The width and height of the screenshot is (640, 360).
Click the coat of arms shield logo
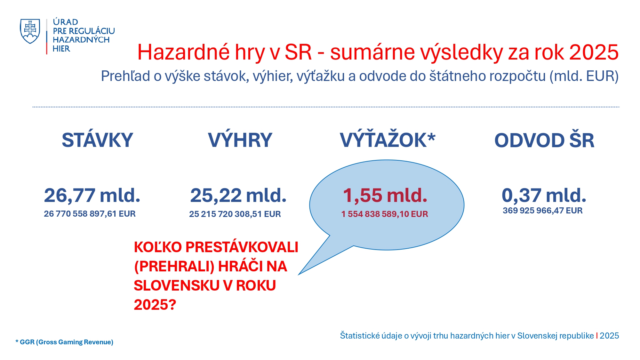pyautogui.click(x=30, y=31)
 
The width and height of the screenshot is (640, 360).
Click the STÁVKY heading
pyautogui.click(x=97, y=140)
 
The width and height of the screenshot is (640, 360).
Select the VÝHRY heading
pyautogui.click(x=240, y=140)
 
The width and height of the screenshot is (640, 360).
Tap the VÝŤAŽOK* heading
pyautogui.click(x=388, y=140)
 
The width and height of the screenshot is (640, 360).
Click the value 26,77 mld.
pyautogui.click(x=92, y=195)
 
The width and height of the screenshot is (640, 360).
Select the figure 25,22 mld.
pyautogui.click(x=238, y=195)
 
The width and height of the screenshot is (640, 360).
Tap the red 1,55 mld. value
pyautogui.click(x=385, y=195)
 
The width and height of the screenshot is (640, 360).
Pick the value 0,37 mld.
pyautogui.click(x=544, y=195)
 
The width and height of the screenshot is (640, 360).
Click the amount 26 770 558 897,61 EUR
pyautogui.click(x=90, y=214)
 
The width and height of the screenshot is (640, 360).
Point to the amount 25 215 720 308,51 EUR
pyautogui.click(x=235, y=214)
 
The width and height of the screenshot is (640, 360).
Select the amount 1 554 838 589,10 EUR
pyautogui.click(x=385, y=214)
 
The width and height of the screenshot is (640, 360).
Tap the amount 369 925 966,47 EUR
pyautogui.click(x=543, y=211)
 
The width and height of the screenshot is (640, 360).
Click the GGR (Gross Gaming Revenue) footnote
pyautogui.click(x=64, y=342)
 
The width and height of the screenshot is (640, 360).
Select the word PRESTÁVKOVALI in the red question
pyautogui.click(x=242, y=247)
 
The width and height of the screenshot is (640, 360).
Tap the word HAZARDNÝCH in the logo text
pyautogui.click(x=81, y=40)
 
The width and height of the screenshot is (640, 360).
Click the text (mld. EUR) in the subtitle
pyautogui.click(x=584, y=76)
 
